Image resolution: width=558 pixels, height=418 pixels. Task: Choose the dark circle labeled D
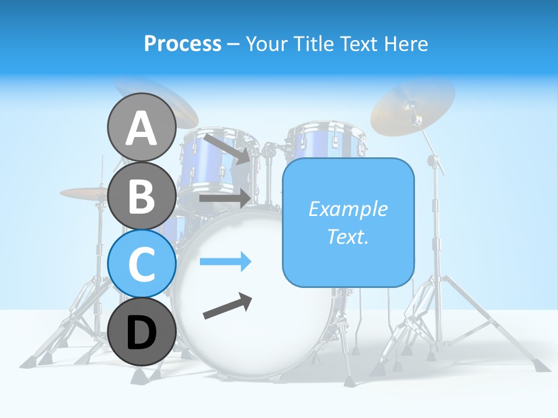coord(141,331)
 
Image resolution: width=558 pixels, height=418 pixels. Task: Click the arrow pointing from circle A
coord(227,148)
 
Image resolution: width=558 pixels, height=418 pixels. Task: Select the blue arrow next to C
coord(226,262)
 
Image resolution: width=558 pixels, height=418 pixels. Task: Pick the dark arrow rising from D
coord(228,306)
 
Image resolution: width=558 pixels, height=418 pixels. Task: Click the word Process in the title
coord(183,44)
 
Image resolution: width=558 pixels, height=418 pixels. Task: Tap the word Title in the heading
coord(313,44)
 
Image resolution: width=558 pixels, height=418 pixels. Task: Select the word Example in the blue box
coord(348,209)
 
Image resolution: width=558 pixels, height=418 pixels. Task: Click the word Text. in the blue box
coord(348,236)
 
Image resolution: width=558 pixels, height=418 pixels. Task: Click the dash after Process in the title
coord(234,44)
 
